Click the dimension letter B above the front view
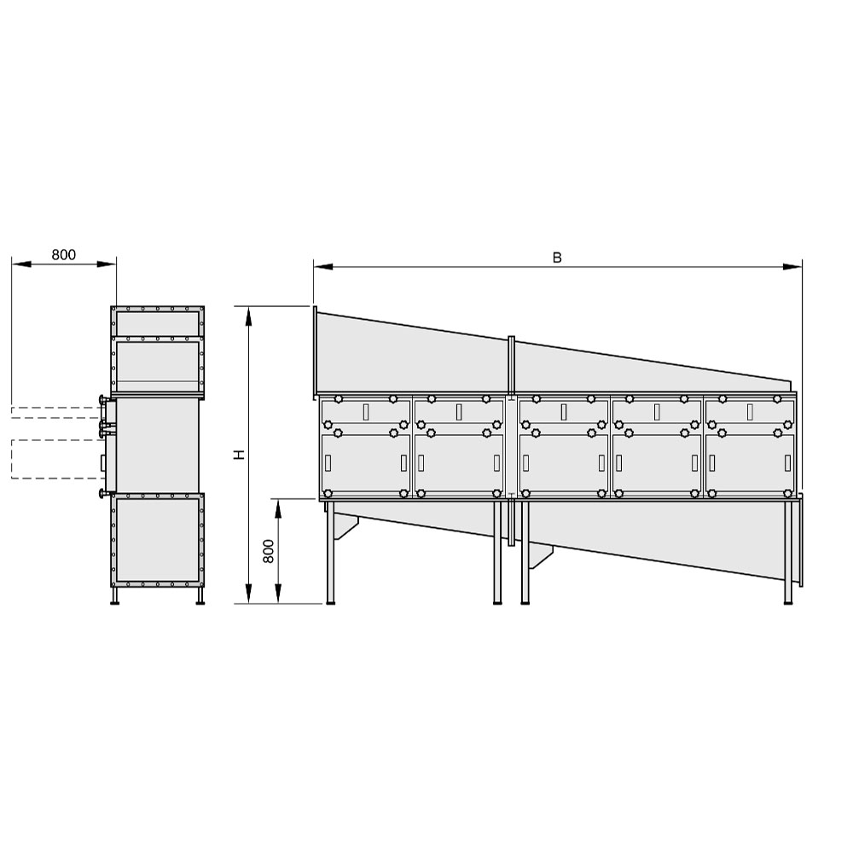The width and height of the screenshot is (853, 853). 556,258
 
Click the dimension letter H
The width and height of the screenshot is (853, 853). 240,455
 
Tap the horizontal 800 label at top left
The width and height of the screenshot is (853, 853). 64,254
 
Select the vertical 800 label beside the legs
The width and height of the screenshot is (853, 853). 268,551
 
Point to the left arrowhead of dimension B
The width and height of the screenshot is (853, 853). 323,266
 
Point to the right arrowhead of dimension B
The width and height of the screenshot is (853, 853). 792,266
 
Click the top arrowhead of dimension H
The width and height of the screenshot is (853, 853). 248,316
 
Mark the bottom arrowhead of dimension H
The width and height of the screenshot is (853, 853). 248,594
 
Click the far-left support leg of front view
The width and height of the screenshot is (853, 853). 330,552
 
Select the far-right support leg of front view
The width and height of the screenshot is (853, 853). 787,552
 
